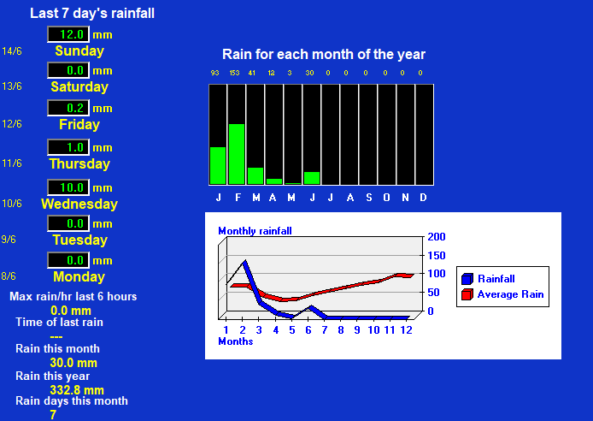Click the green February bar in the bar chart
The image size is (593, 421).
(237, 154)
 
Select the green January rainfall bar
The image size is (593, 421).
(218, 165)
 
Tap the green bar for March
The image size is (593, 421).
(255, 175)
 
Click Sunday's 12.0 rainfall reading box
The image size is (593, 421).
(68, 34)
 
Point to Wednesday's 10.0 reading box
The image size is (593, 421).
(68, 187)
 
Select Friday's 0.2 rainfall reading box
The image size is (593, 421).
(68, 108)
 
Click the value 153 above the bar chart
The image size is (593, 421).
(234, 73)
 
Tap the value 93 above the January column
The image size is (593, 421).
(214, 73)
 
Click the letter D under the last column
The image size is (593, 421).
(423, 198)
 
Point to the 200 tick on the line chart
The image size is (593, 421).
(437, 237)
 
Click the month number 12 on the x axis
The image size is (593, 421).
(406, 330)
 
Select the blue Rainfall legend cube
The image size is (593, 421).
(467, 279)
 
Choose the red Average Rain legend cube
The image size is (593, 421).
(467, 294)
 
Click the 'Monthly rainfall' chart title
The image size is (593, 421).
(255, 231)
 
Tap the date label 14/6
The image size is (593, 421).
(12, 51)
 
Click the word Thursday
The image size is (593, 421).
(79, 164)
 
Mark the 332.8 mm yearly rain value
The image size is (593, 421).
(77, 390)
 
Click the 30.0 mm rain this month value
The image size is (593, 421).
(73, 363)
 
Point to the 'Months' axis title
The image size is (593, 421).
(236, 341)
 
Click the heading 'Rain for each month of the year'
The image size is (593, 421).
(324, 55)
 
